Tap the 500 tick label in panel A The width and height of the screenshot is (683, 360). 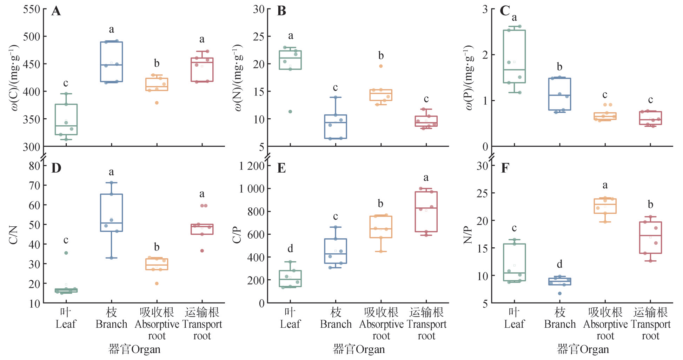click(x=32, y=36)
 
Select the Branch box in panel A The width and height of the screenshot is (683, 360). click(x=112, y=62)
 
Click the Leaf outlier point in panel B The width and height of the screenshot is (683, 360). click(x=290, y=112)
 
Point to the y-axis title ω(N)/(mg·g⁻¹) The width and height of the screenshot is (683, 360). click(x=238, y=78)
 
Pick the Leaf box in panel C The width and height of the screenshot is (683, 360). click(x=514, y=56)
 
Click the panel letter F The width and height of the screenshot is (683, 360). click(x=505, y=168)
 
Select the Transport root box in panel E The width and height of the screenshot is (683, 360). click(x=426, y=212)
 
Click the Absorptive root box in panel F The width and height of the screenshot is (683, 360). click(x=605, y=206)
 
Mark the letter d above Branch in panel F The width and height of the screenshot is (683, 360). click(x=559, y=264)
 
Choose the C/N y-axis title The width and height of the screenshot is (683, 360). click(x=13, y=235)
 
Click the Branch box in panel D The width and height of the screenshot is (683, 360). click(x=112, y=213)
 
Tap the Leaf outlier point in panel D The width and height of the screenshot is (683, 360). click(x=66, y=253)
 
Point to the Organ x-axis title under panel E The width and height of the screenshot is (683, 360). click(x=359, y=349)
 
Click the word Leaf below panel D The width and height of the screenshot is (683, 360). click(x=66, y=324)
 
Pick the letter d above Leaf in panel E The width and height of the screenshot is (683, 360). click(x=290, y=249)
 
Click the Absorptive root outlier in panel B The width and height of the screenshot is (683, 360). click(x=381, y=66)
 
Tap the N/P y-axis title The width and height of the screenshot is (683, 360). click(x=468, y=235)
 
